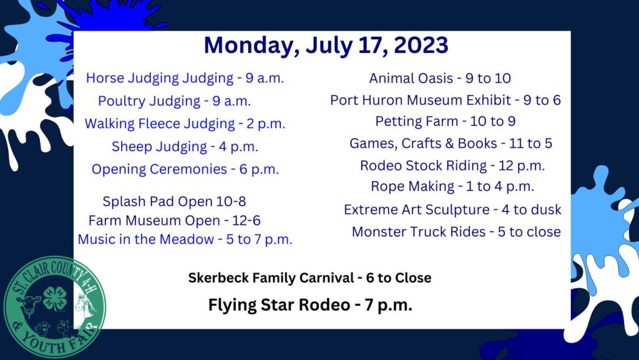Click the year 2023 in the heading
tap(421, 45)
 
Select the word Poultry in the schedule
tap(122, 101)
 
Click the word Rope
tap(386, 187)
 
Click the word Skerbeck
tap(218, 278)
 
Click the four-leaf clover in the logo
tap(54, 298)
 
